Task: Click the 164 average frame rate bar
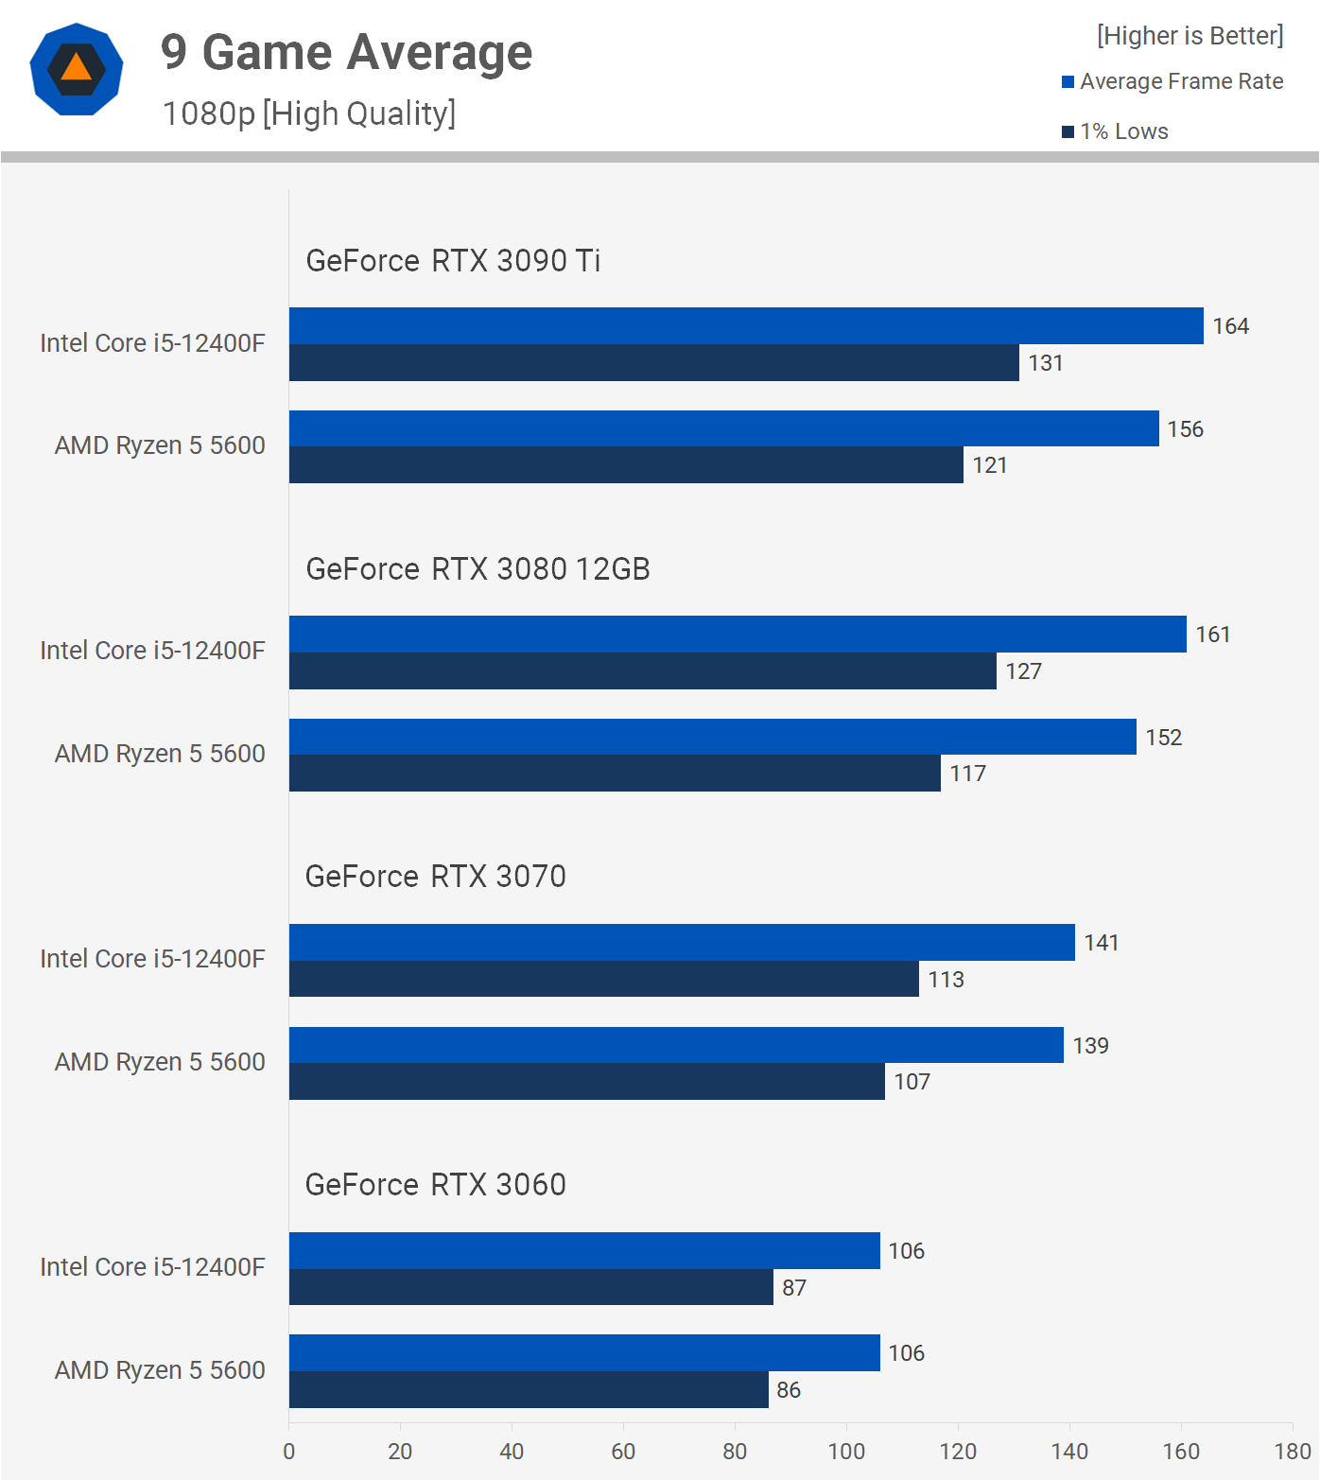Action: coord(746,325)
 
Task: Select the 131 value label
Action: coord(1046,363)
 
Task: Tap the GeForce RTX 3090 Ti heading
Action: coord(453,260)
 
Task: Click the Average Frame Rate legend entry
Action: coord(1172,81)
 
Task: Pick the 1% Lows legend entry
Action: coord(1116,131)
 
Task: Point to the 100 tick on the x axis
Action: coord(846,1451)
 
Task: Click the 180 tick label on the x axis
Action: coord(1292,1451)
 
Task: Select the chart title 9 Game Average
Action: coord(346,52)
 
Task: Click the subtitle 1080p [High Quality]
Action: coord(308,113)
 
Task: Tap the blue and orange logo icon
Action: coord(77,69)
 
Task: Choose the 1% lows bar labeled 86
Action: coord(529,1389)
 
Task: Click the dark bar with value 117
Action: coord(615,774)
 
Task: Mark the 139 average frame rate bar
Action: coord(676,1045)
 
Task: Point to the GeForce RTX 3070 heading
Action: coord(435,877)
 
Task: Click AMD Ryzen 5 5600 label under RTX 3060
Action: coord(160,1369)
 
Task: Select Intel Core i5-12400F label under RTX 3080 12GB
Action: coord(152,651)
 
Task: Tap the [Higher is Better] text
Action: coord(1190,36)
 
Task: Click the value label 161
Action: coord(1212,635)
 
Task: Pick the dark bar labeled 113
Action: coord(603,979)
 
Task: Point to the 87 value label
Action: coord(794,1288)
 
